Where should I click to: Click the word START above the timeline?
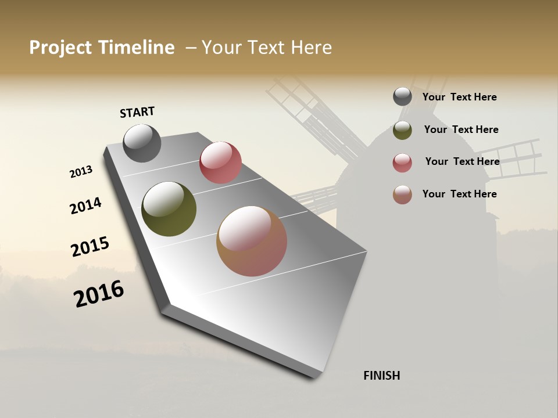137,112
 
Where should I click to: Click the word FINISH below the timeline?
381,376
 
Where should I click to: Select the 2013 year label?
81,172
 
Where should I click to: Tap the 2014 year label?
85,206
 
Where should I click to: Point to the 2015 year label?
90,247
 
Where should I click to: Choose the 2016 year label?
99,293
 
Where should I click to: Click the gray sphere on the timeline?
142,143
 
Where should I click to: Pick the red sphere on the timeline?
220,163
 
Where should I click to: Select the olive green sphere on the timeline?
169,209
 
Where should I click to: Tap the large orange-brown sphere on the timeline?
252,241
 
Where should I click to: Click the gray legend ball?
402,97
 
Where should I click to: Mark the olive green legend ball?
402,130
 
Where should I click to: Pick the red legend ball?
402,163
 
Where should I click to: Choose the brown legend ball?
402,194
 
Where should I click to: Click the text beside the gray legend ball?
459,97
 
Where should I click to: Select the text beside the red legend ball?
462,161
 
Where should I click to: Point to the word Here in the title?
311,48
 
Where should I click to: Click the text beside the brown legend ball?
459,194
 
